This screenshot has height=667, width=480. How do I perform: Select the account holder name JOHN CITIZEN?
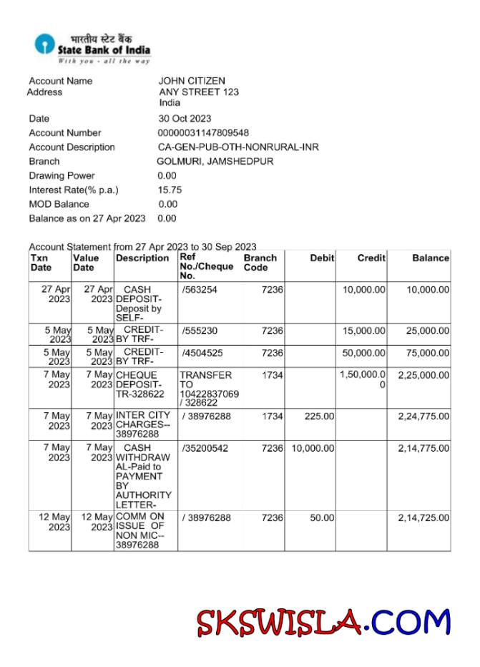[x=191, y=81]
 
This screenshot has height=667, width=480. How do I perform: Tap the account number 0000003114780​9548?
[x=203, y=132]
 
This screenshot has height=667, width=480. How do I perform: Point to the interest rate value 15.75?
[x=170, y=190]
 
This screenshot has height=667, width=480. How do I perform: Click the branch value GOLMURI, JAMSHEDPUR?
[x=215, y=161]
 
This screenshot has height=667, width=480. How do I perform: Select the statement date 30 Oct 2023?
[x=185, y=118]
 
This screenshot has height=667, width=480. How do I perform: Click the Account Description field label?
[x=72, y=147]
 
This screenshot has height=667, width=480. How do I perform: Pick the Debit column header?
[x=322, y=258]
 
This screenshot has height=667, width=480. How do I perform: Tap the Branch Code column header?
[x=260, y=262]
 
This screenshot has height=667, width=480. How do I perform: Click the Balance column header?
[x=431, y=258]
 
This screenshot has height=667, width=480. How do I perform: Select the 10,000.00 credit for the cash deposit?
[x=363, y=289]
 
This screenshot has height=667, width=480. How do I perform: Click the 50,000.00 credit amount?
[x=363, y=353]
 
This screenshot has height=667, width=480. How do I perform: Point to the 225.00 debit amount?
[x=319, y=415]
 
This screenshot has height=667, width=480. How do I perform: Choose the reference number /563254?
[x=199, y=289]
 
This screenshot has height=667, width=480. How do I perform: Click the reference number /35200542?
[x=204, y=448]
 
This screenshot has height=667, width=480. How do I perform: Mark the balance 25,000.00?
[x=426, y=331]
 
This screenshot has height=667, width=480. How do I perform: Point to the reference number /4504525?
[x=201, y=353]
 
